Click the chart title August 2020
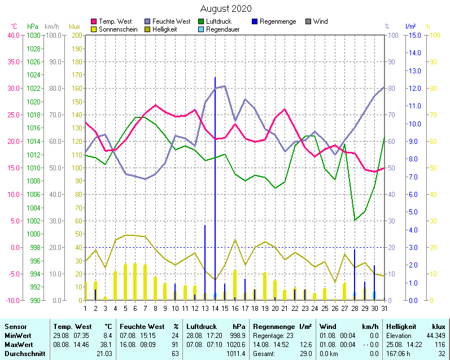226,9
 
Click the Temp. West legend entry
115,21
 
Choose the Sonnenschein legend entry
117,29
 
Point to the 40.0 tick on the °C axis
13,35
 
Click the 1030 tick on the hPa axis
33,35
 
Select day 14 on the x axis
215,308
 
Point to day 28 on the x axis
355,308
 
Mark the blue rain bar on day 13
205,262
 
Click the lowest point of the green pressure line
355,219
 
